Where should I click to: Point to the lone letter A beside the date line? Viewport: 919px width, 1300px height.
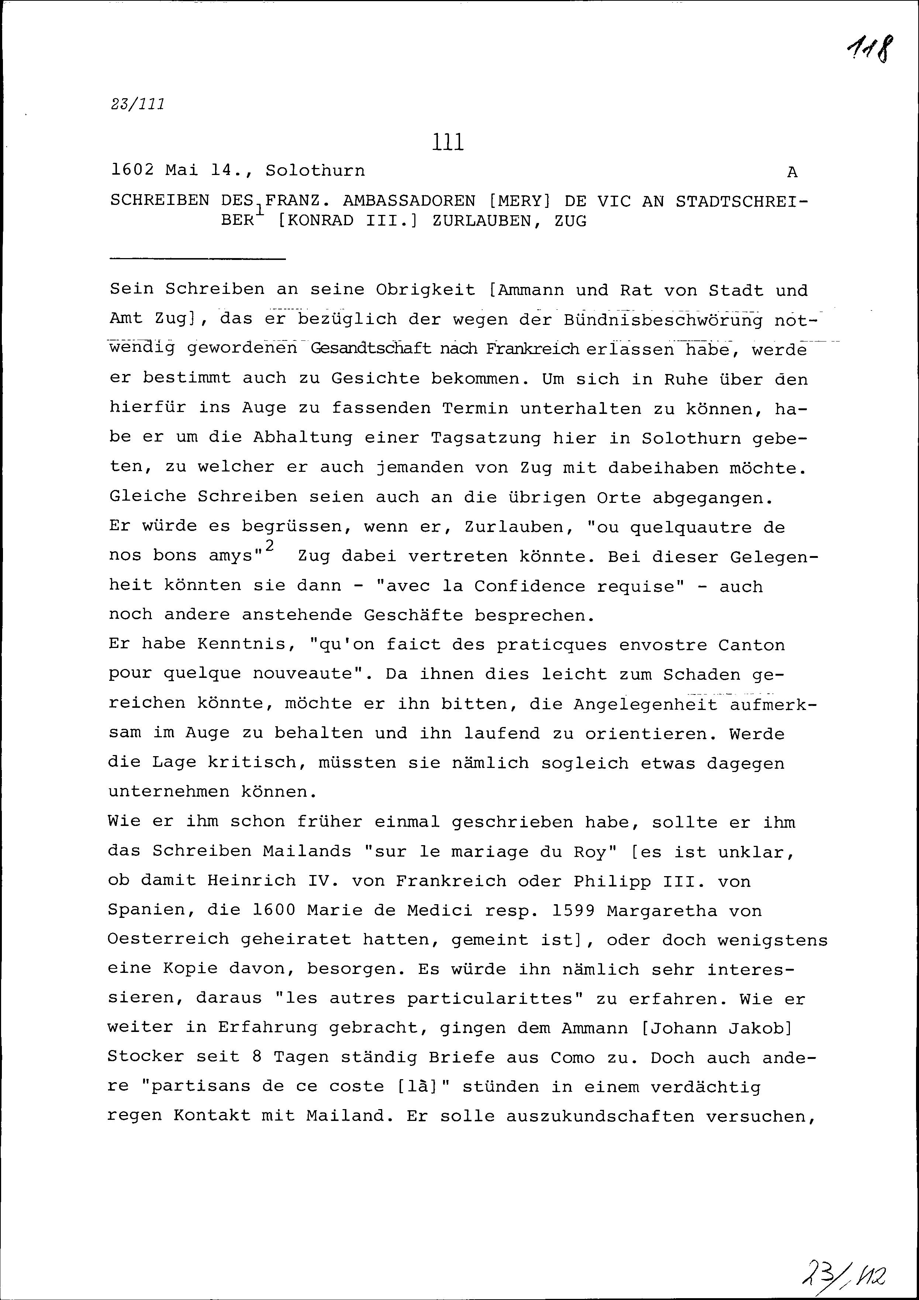click(792, 172)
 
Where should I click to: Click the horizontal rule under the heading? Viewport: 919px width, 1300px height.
click(198, 259)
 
